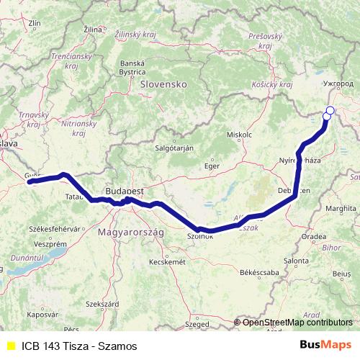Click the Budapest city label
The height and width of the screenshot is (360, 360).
pyautogui.click(x=125, y=192)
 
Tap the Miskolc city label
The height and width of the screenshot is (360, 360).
pyautogui.click(x=239, y=135)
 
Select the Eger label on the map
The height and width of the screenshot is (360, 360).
pyautogui.click(x=211, y=166)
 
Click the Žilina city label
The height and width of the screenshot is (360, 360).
pyautogui.click(x=93, y=29)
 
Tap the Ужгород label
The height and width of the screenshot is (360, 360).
pyautogui.click(x=340, y=84)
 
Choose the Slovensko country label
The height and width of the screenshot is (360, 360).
pyautogui.click(x=163, y=84)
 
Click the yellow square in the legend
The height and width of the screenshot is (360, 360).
pyautogui.click(x=10, y=346)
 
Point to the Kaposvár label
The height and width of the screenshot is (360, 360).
pyautogui.click(x=42, y=315)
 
